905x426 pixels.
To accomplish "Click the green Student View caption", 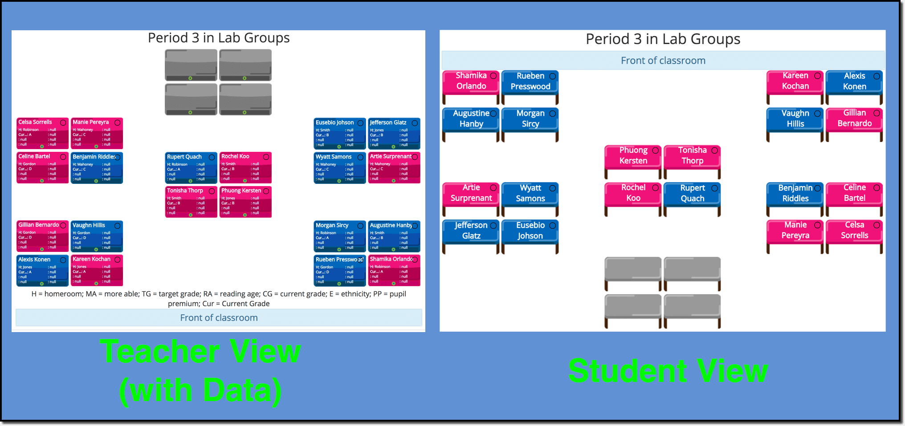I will coord(668,371).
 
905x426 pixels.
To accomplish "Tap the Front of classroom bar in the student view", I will coord(663,61).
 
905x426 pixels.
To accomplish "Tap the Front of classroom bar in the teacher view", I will coord(219,317).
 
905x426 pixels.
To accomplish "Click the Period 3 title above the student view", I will coord(663,39).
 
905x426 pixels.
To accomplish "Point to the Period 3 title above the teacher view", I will coord(219,38).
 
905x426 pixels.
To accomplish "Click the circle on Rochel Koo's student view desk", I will coord(656,188).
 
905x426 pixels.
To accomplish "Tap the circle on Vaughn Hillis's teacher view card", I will coord(118,226).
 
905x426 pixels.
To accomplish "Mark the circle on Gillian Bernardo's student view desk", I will coord(876,113).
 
